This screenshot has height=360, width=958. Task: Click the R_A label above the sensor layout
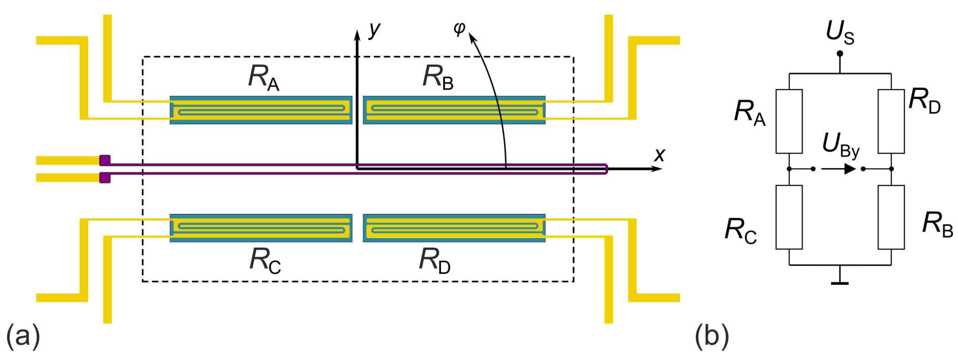pyautogui.click(x=263, y=78)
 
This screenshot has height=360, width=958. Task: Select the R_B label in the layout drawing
pyautogui.click(x=438, y=78)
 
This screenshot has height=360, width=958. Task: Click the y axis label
pyautogui.click(x=375, y=29)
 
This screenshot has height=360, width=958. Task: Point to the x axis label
pyautogui.click(x=660, y=155)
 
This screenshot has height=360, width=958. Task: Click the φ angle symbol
pyautogui.click(x=459, y=28)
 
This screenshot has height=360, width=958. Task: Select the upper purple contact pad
pyautogui.click(x=105, y=161)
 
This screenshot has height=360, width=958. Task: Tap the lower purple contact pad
pyautogui.click(x=105, y=178)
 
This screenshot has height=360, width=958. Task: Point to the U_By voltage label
pyautogui.click(x=840, y=145)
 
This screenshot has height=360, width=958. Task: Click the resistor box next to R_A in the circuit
pyautogui.click(x=789, y=121)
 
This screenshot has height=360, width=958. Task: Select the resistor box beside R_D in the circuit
pyautogui.click(x=891, y=121)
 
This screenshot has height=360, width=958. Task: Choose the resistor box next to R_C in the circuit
pyautogui.click(x=789, y=217)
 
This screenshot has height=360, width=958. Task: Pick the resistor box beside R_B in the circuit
pyautogui.click(x=891, y=217)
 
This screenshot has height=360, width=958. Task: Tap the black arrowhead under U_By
pyautogui.click(x=850, y=169)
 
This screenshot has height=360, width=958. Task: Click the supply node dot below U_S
pyautogui.click(x=840, y=53)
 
